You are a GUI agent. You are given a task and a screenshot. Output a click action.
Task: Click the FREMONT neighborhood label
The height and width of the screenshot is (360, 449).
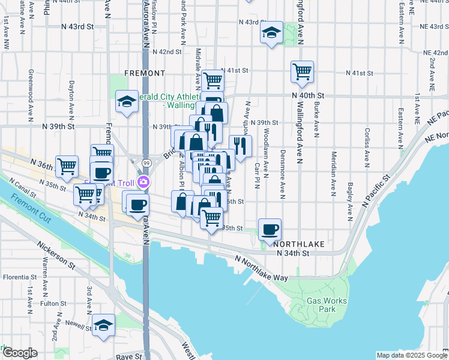(x=144, y=73)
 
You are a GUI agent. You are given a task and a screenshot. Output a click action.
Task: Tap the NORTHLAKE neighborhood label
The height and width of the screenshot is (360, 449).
(x=299, y=244)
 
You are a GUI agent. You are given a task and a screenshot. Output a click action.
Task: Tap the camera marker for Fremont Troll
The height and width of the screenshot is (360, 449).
(x=143, y=182)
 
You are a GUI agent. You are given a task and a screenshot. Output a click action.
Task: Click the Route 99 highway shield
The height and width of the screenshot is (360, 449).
(x=146, y=163)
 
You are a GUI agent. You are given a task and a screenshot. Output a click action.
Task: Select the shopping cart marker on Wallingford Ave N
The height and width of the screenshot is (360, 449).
(x=302, y=71)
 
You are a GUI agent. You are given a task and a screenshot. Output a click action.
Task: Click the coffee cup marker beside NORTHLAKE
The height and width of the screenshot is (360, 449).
(x=270, y=228)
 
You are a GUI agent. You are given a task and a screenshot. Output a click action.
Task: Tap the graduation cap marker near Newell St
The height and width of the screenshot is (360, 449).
(x=103, y=325)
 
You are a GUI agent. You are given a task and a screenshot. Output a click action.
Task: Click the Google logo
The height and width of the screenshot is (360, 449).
(x=20, y=353)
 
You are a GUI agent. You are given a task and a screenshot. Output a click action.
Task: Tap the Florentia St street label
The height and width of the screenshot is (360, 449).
(x=19, y=277)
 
